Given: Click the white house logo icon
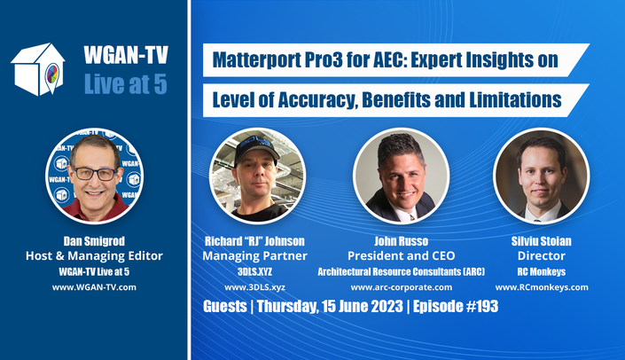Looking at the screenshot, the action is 38,69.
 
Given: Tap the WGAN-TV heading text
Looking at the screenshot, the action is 126,55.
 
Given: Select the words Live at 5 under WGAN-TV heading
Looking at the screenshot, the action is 126,84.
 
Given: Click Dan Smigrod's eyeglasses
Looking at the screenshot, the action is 95,174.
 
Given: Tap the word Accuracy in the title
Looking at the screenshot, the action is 316,100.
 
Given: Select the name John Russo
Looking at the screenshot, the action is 402,241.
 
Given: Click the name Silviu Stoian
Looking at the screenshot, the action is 542,241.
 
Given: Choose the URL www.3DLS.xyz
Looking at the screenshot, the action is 254,287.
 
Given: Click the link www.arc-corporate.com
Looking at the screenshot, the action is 402,287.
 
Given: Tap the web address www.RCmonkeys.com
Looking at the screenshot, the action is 542,287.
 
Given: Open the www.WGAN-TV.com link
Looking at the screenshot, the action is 94,287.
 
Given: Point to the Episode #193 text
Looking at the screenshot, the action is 456,306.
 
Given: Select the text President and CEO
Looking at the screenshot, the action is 402,255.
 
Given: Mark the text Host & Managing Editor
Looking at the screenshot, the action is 94,255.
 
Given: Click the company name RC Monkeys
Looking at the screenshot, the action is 542,272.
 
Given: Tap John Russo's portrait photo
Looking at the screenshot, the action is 402,176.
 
